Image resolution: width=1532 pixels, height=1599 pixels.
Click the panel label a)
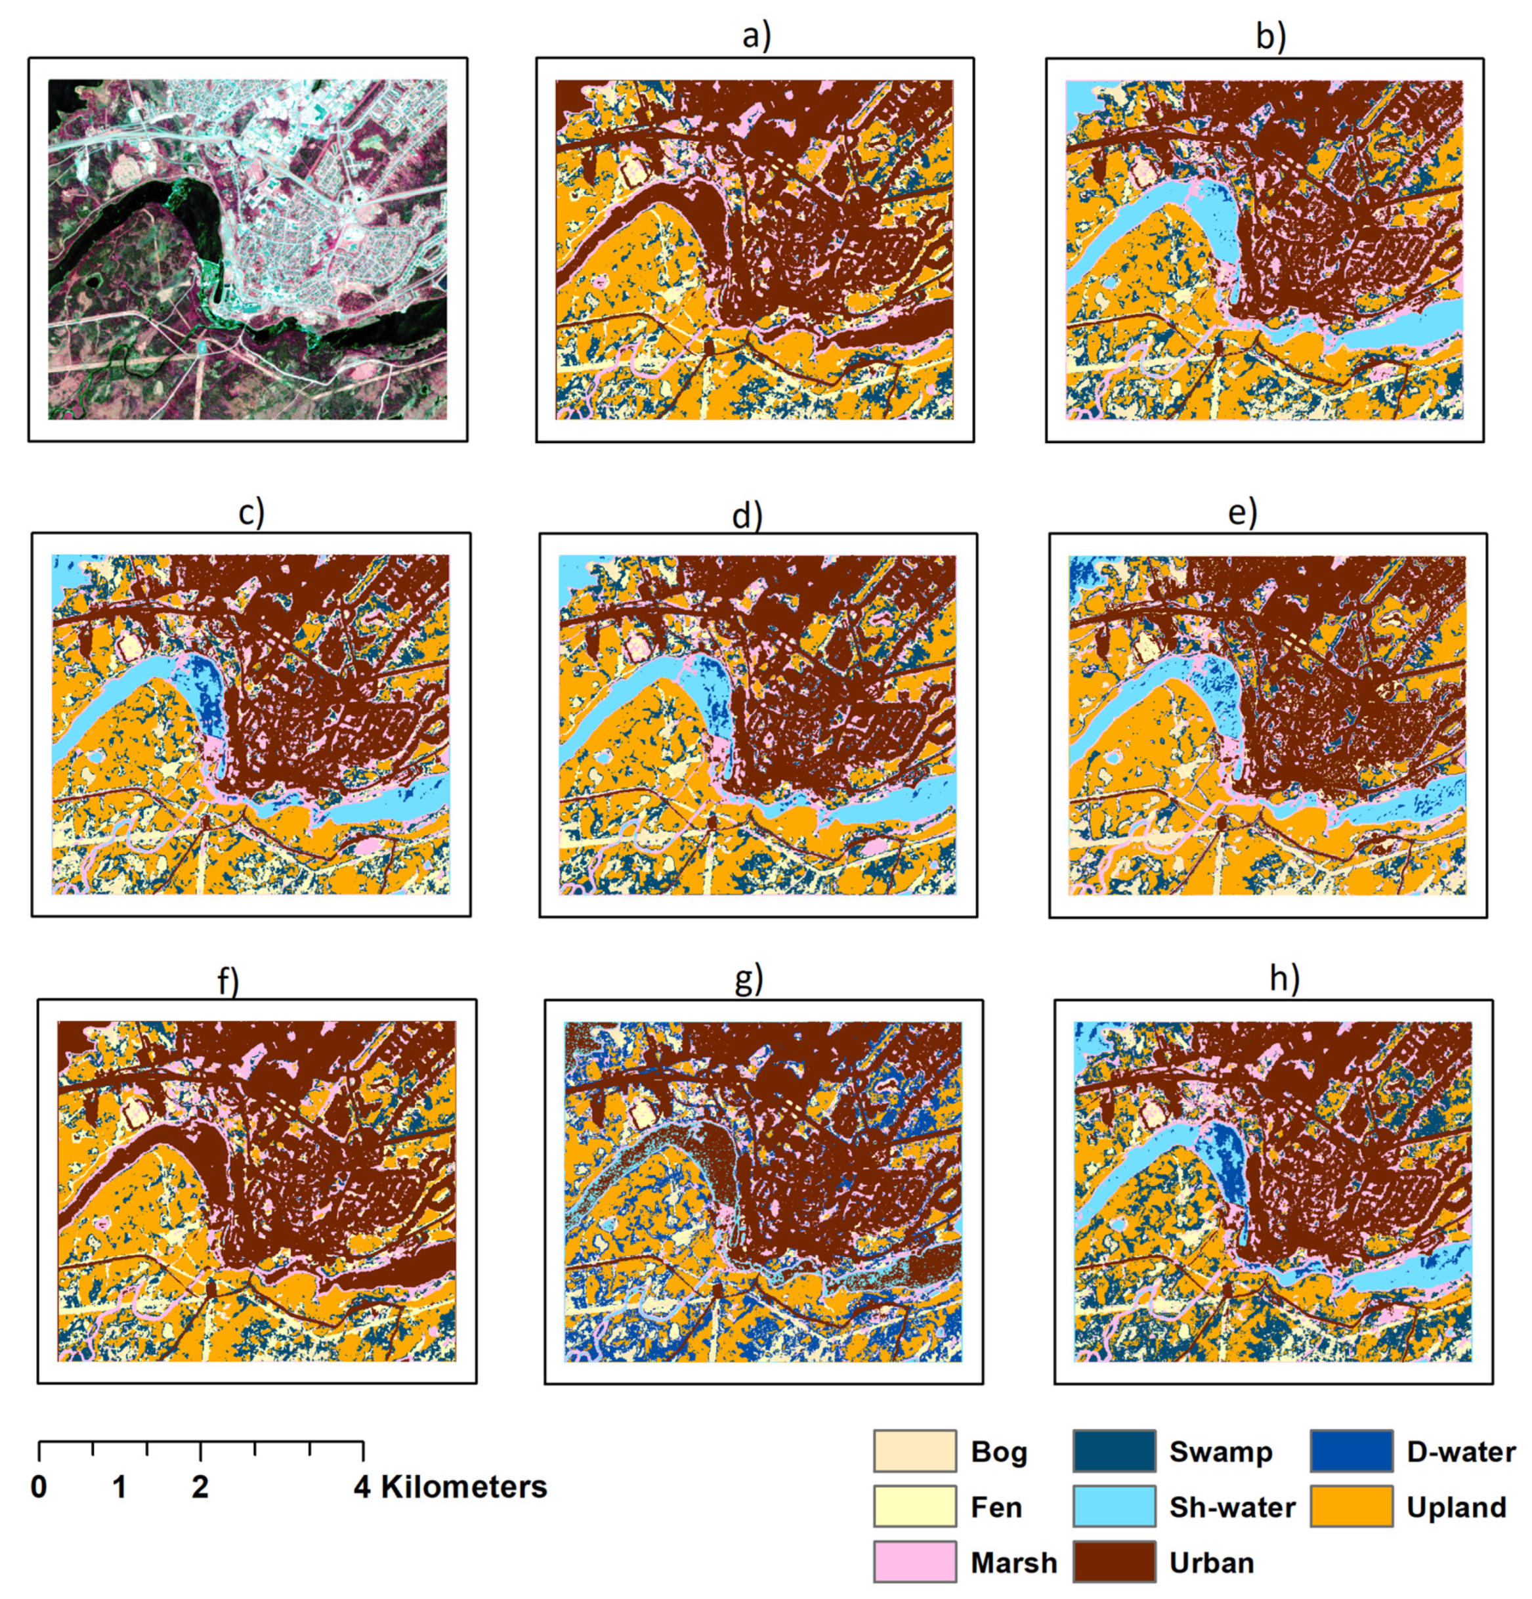pos(755,36)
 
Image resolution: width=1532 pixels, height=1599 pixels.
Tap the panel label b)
pos(1269,36)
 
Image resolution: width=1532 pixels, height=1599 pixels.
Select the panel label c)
pos(251,513)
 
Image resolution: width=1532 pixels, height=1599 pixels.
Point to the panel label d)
pos(746,515)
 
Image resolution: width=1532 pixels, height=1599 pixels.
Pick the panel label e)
pos(1242,513)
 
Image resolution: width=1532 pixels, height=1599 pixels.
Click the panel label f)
pos(228,981)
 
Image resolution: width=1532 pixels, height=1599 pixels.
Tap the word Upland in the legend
pos(1456,1508)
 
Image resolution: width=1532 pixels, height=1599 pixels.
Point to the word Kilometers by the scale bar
pos(463,1486)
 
